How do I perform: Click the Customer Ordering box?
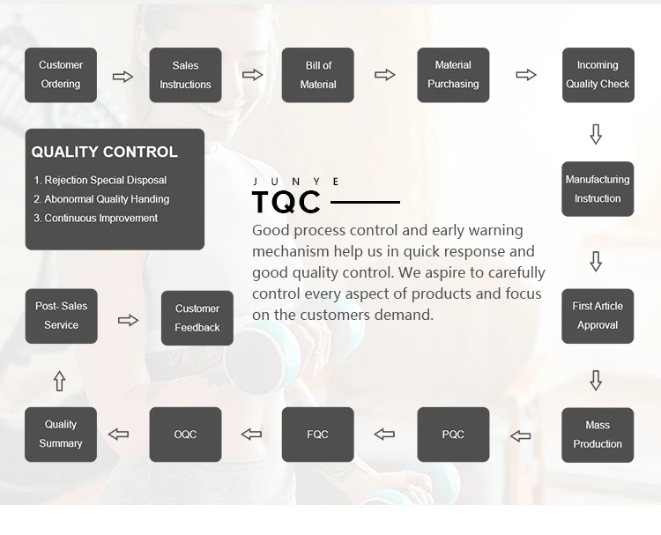point(61,75)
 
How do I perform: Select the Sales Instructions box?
point(185,75)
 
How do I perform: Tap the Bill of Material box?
point(318,75)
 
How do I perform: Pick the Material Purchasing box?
point(453,75)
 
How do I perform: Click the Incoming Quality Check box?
point(598,75)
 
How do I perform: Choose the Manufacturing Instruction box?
point(598,189)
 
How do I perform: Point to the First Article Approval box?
point(598,316)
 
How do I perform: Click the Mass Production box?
point(598,435)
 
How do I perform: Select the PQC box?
point(453,435)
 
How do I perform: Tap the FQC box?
point(318,435)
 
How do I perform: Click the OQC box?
point(185,435)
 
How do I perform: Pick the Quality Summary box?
point(61,435)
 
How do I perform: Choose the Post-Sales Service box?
point(61,316)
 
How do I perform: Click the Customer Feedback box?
point(197,318)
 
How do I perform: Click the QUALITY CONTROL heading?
point(104,152)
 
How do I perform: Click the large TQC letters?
point(286,203)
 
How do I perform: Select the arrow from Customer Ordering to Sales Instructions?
point(123,77)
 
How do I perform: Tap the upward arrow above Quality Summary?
point(59,381)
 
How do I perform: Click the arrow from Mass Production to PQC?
point(521,435)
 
